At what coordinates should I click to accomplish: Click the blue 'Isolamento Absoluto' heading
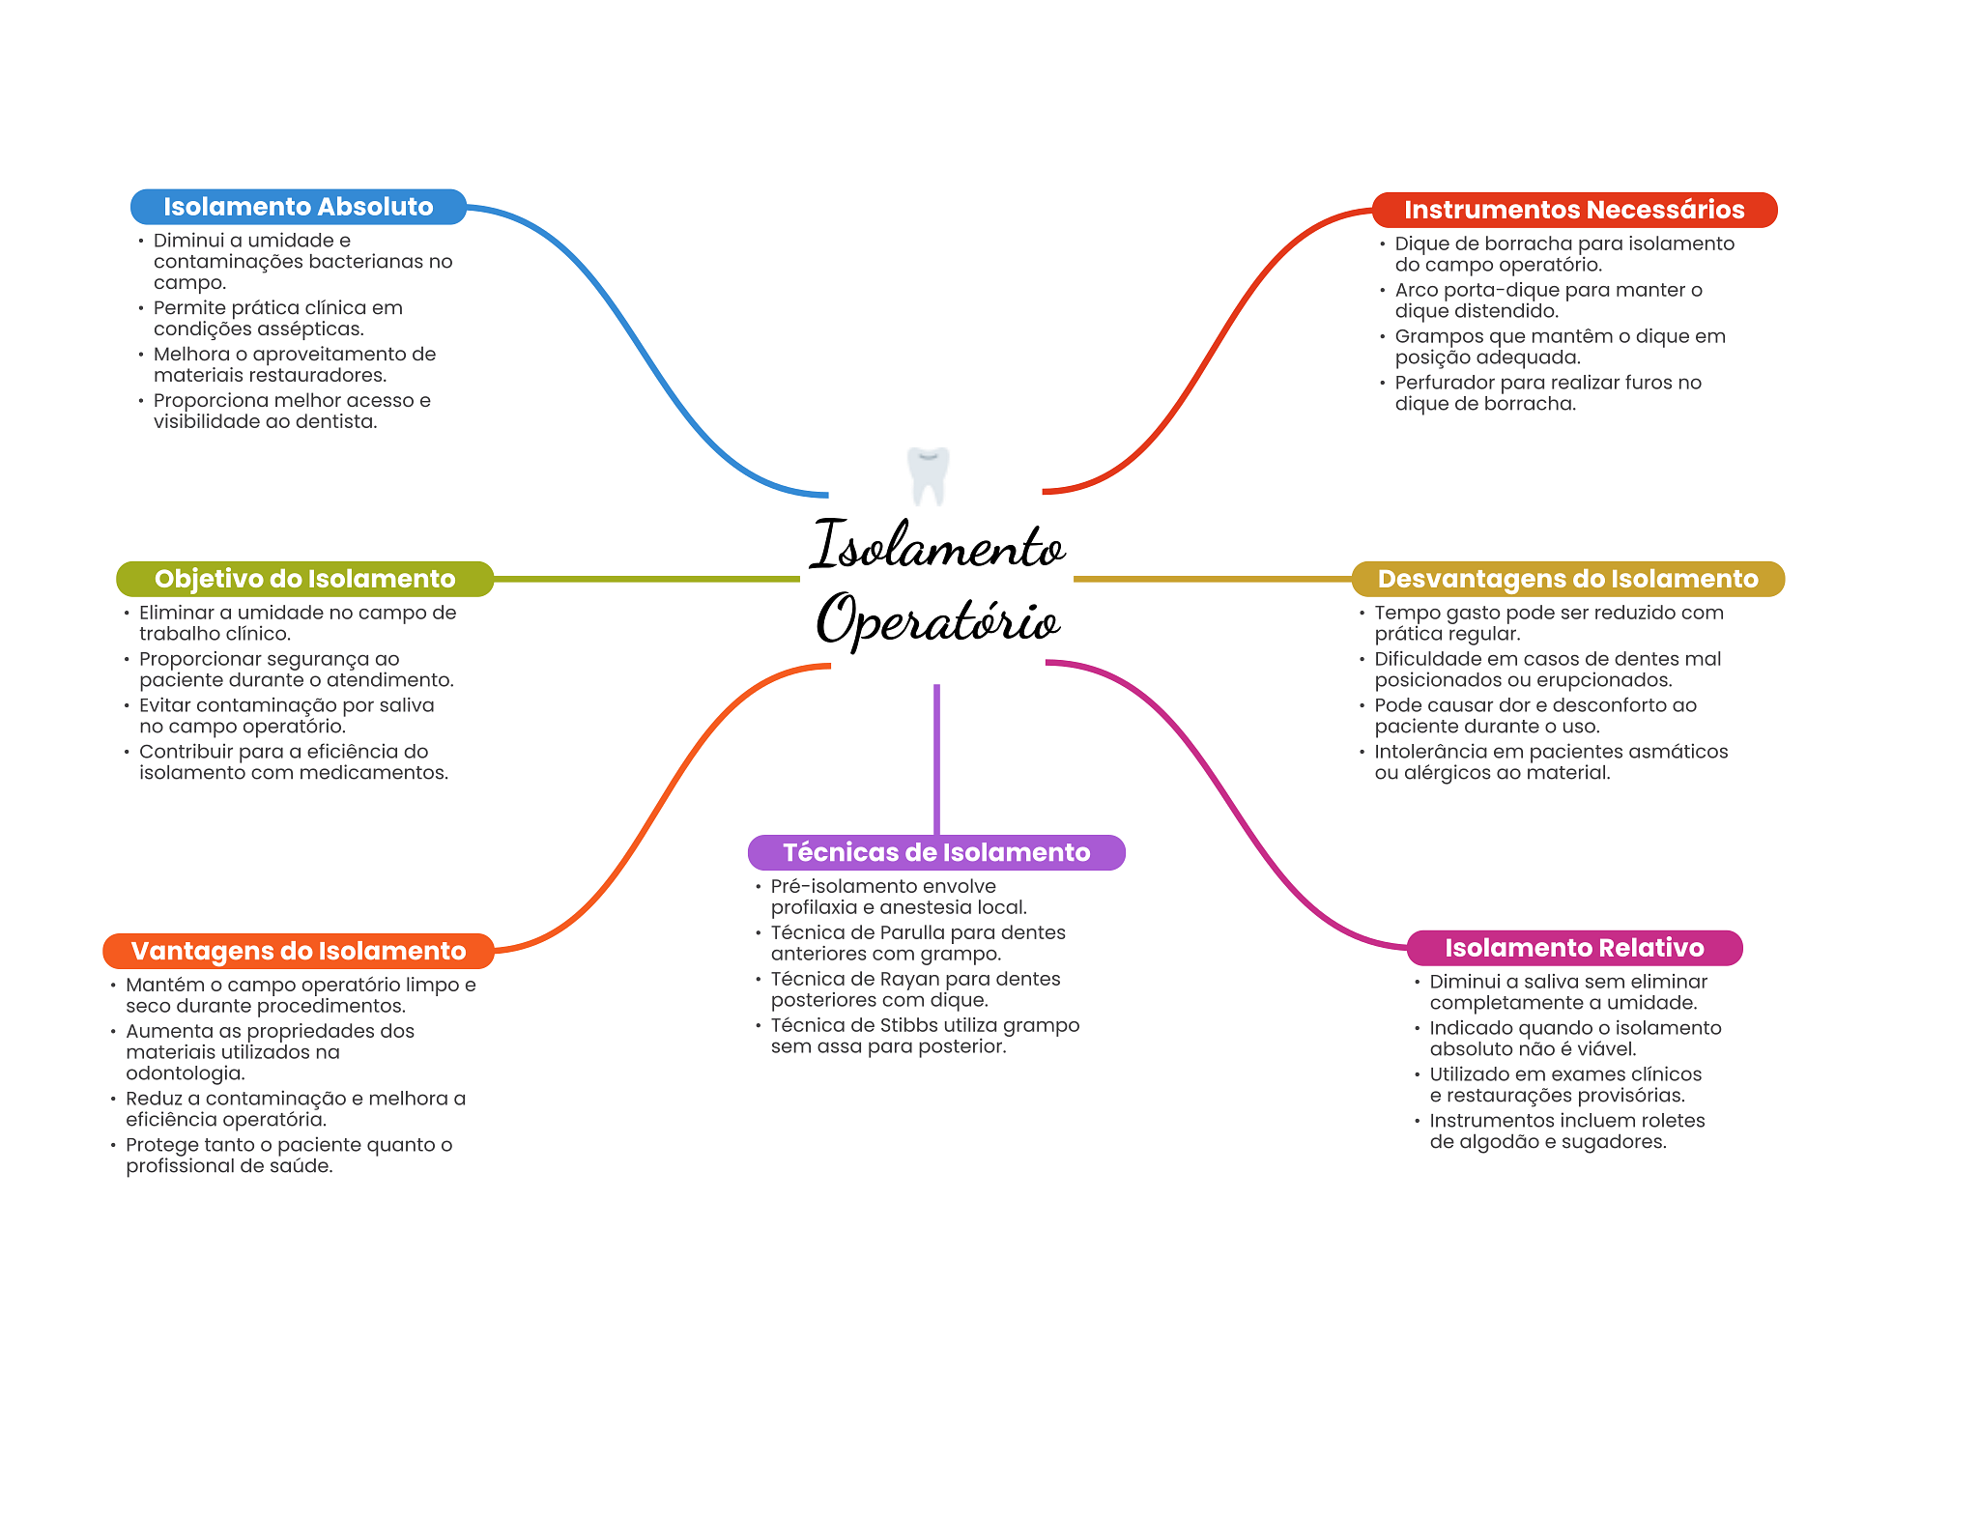tap(298, 207)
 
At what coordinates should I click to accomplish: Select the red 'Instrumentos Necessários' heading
tap(1573, 210)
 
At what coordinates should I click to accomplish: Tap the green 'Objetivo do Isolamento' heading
tap(304, 579)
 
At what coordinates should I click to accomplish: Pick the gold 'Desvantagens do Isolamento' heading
tap(1567, 579)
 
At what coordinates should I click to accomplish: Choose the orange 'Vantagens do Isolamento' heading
tap(298, 951)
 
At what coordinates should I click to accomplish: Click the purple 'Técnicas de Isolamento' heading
tap(935, 852)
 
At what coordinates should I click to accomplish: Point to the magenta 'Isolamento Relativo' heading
tap(1573, 948)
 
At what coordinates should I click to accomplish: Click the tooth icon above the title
tap(929, 474)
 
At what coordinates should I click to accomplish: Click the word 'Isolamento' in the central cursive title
tap(937, 546)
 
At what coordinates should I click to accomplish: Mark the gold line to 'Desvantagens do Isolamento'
tap(1212, 579)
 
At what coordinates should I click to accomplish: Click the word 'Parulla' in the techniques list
tap(918, 932)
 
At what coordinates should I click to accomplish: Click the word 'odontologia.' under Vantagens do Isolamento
tap(186, 1073)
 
